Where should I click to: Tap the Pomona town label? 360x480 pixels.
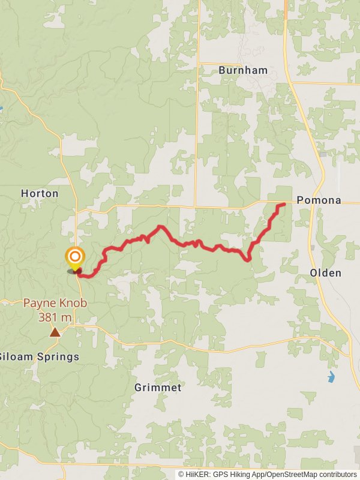[x=319, y=200]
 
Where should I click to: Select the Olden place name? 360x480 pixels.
[x=326, y=273]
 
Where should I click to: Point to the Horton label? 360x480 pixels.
[x=40, y=193]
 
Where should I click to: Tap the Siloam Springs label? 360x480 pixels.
[x=40, y=357]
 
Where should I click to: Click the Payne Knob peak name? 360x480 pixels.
[x=55, y=304]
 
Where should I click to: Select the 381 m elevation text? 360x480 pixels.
[x=55, y=317]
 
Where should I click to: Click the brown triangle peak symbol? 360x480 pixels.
[x=55, y=332]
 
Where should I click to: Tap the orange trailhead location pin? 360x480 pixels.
[x=74, y=259]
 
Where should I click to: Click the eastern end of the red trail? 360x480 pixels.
[x=283, y=205]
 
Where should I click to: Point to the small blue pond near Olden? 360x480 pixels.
[x=331, y=377]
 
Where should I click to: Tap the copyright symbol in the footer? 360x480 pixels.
[x=181, y=474]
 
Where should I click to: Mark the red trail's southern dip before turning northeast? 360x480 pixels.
[x=247, y=259]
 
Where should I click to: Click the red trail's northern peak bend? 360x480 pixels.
[x=160, y=227]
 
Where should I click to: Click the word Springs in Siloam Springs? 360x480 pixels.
[x=59, y=357]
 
